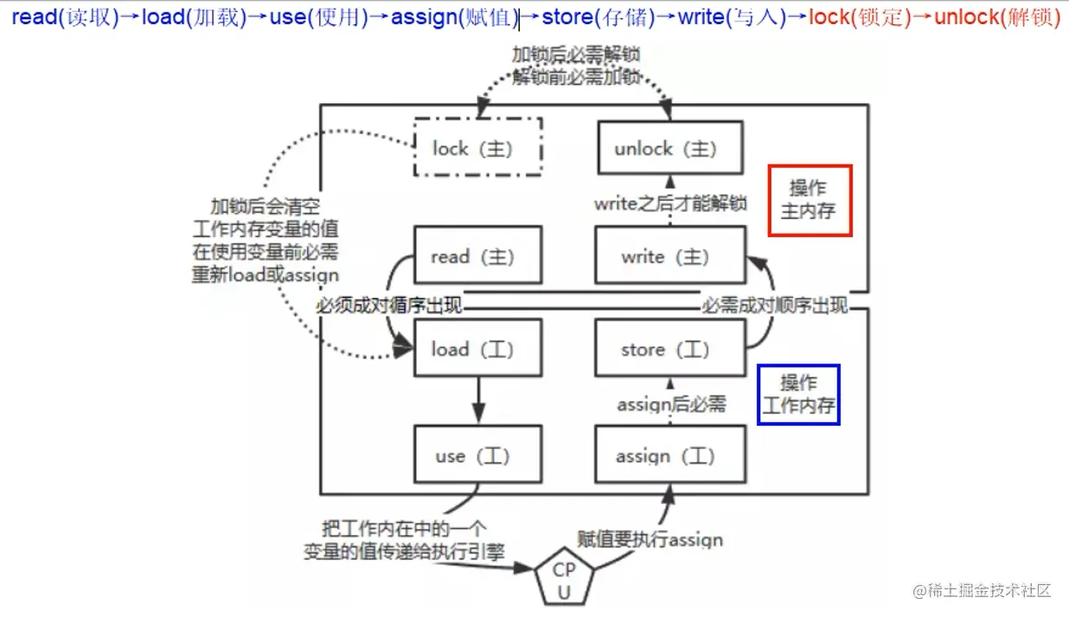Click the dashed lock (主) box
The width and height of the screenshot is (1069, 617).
click(478, 148)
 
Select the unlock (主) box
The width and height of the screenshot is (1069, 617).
click(670, 148)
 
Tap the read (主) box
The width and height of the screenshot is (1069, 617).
click(478, 256)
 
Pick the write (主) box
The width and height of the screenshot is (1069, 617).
click(670, 256)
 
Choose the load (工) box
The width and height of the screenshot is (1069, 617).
click(478, 349)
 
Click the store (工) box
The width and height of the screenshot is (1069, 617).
click(670, 349)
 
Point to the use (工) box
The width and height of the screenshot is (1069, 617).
click(478, 455)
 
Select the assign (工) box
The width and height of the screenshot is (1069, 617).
click(670, 455)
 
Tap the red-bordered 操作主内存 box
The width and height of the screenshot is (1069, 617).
click(810, 200)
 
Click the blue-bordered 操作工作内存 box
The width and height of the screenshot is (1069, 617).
click(798, 395)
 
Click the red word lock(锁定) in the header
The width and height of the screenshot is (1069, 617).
click(860, 17)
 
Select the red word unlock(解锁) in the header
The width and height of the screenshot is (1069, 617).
click(997, 17)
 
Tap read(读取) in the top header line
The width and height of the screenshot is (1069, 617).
click(65, 17)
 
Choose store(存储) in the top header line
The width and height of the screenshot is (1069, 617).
click(598, 17)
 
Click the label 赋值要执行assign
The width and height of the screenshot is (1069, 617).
click(650, 539)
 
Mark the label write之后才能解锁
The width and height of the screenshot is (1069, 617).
click(670, 204)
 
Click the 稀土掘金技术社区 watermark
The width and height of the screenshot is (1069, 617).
click(981, 591)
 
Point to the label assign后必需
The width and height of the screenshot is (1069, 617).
click(671, 404)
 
